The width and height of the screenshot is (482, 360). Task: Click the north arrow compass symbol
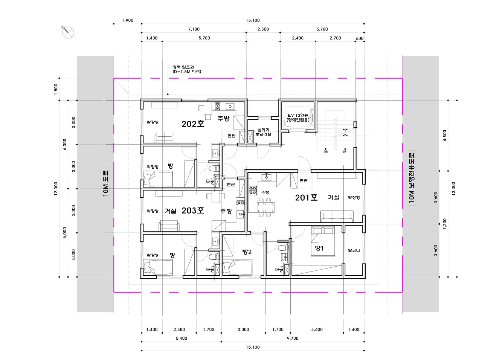pos(68,32)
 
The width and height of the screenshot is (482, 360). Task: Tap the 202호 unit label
pos(193,124)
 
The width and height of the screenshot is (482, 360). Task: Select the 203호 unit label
pos(193,211)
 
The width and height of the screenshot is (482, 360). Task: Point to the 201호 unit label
pos(306,198)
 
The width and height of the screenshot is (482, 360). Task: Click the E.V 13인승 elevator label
pos(298,115)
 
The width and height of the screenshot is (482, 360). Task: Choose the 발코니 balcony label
pos(354,250)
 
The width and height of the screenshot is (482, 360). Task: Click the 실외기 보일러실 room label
pos(263,132)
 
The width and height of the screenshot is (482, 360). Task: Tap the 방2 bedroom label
pos(247,252)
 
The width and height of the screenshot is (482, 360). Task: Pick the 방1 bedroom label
pos(319,248)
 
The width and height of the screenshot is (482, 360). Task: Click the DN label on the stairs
pos(326,151)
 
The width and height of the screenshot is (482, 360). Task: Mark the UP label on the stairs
pos(345,151)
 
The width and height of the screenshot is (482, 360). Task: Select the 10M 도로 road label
pos(105,185)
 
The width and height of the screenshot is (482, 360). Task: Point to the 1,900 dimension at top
pos(128,20)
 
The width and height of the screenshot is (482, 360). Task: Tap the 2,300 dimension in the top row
pos(263,29)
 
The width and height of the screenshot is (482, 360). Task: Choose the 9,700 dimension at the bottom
pos(293,338)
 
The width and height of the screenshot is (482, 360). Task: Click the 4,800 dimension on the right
pos(445,136)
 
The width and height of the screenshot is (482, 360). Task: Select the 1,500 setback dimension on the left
pos(56,89)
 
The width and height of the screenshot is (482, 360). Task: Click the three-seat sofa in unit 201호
pos(337,216)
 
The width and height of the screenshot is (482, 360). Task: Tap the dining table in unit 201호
pos(266,207)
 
